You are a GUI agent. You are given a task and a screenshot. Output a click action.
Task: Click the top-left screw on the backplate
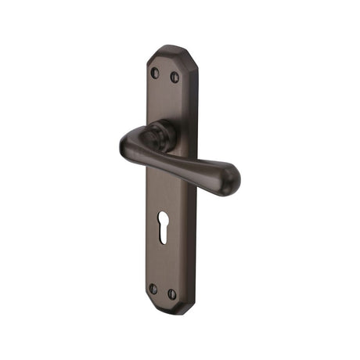click(154, 73)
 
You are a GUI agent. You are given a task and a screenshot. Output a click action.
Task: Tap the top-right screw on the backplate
click(175, 77)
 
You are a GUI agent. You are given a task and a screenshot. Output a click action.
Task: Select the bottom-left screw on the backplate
click(153, 289)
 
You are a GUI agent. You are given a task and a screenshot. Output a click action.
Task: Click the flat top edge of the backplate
click(166, 49)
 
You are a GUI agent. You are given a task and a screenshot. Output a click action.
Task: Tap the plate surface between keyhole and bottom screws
click(163, 265)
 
